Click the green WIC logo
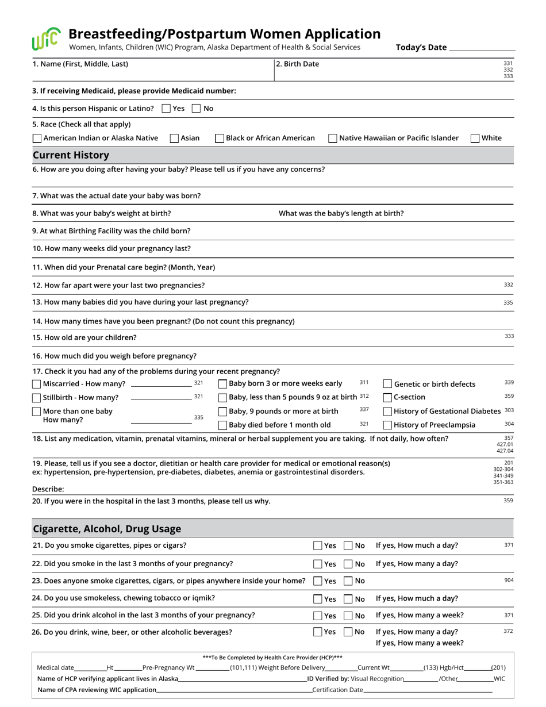pyautogui.click(x=45, y=39)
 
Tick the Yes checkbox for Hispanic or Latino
pyautogui.click(x=166, y=108)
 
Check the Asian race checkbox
pyautogui.click(x=174, y=138)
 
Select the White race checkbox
pyautogui.click(x=475, y=138)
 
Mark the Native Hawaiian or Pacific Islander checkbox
pyautogui.click(x=333, y=138)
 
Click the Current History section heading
pyautogui.click(x=71, y=155)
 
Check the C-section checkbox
pyautogui.click(x=387, y=397)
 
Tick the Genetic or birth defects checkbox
pyautogui.click(x=387, y=384)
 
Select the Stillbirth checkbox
pyautogui.click(x=37, y=398)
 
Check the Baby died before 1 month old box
pyautogui.click(x=222, y=425)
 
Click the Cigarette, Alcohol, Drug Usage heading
pyautogui.click(x=107, y=529)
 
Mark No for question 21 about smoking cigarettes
pyautogui.click(x=348, y=545)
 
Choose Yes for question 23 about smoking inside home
pyautogui.click(x=318, y=581)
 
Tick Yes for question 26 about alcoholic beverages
pyautogui.click(x=318, y=632)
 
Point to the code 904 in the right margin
pyautogui.click(x=509, y=580)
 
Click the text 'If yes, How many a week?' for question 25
pyautogui.click(x=420, y=615)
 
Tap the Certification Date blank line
pyautogui.click(x=428, y=690)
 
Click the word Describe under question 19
pyautogui.click(x=48, y=489)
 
